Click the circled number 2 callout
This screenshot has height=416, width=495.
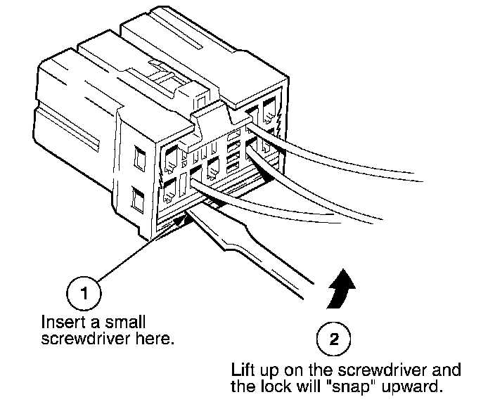(334, 340)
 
